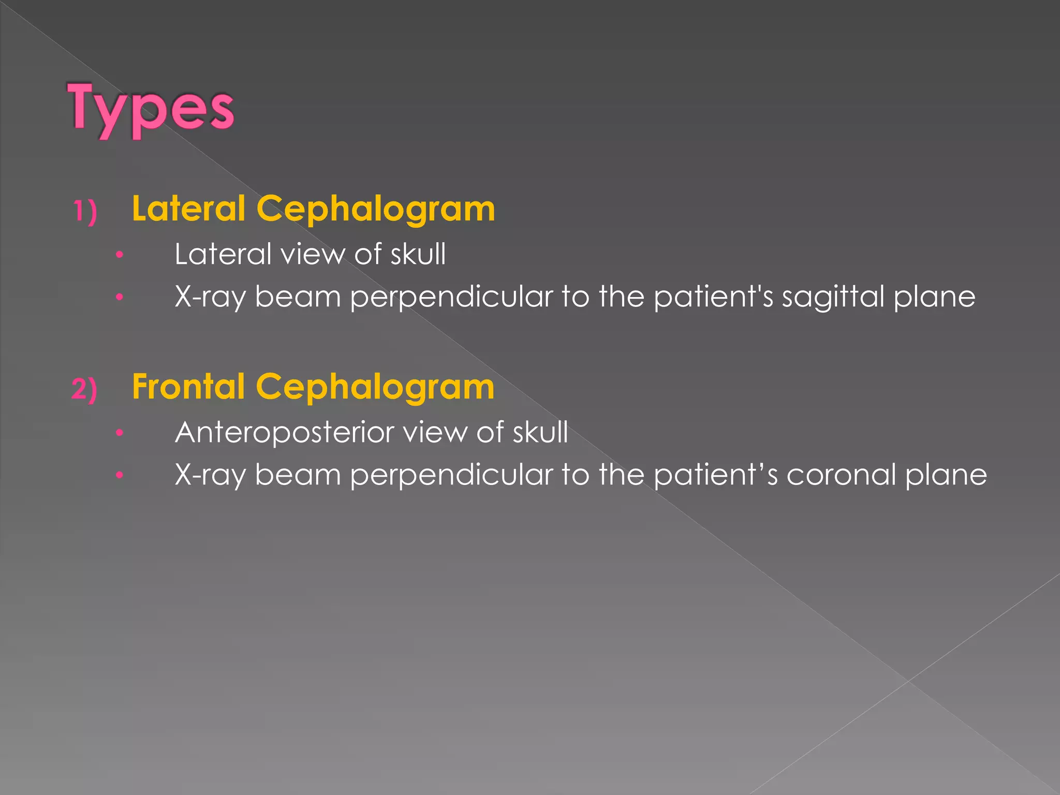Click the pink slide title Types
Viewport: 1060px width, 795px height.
pos(151,109)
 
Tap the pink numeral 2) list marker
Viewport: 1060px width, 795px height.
pos(84,389)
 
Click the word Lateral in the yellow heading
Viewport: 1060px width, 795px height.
pos(188,209)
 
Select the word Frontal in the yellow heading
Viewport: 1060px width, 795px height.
pos(188,387)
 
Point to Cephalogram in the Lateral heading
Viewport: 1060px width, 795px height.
pos(376,210)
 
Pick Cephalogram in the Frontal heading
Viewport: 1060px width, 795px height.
pos(375,388)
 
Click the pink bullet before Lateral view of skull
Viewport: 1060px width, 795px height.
pos(120,255)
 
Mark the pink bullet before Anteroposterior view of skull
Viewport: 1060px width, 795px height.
pos(120,432)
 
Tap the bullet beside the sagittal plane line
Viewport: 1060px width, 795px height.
pos(120,297)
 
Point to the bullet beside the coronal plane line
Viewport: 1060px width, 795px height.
pos(120,475)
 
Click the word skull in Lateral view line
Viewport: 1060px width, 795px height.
pos(418,254)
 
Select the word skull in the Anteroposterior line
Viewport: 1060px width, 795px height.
pos(540,432)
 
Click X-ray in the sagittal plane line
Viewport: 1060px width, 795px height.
pos(210,298)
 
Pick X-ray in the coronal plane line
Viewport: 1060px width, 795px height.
pos(210,475)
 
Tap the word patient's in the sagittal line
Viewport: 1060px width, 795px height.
pos(714,297)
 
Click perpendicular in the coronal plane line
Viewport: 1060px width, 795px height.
pos(451,476)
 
